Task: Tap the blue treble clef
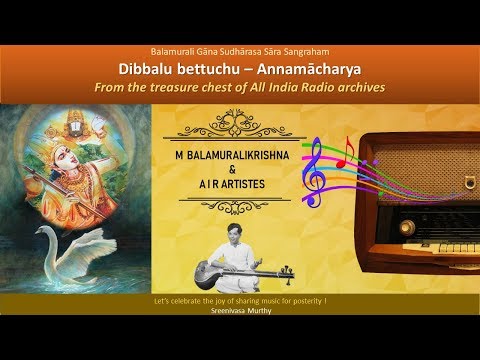317,174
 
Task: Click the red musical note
346,156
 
